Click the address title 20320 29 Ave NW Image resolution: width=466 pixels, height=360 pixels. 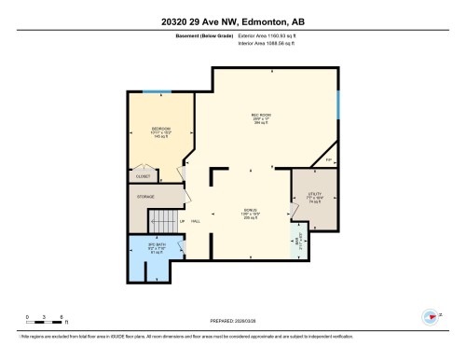232,21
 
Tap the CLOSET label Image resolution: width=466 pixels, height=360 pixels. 143,174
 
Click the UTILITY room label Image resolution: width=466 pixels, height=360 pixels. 313,194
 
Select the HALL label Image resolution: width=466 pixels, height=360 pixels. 196,221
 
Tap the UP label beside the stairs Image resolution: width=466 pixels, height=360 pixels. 183,221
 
